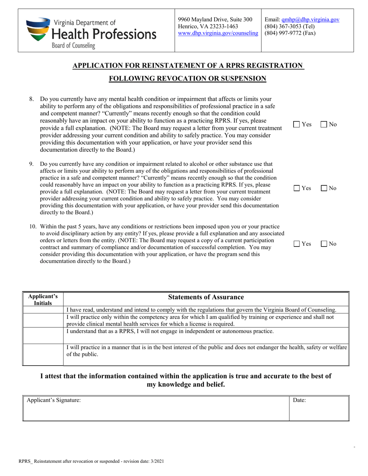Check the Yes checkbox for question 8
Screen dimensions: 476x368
coord(296,125)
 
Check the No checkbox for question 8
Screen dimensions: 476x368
coord(323,125)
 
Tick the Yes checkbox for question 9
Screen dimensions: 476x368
coord(296,188)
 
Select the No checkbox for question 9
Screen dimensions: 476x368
coord(323,188)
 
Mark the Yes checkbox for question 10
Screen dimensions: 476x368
coord(296,244)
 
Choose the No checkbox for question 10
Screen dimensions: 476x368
coord(323,244)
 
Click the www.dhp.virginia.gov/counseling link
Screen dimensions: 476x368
coord(218,33)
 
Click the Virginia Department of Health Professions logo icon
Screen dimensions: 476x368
coord(38,29)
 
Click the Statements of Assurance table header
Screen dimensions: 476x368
coord(206,297)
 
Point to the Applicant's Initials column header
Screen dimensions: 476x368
coord(43,300)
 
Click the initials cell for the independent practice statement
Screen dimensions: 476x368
coord(43,335)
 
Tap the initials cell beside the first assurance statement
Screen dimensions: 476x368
coord(43,310)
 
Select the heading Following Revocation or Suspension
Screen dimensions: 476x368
coord(187,79)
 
